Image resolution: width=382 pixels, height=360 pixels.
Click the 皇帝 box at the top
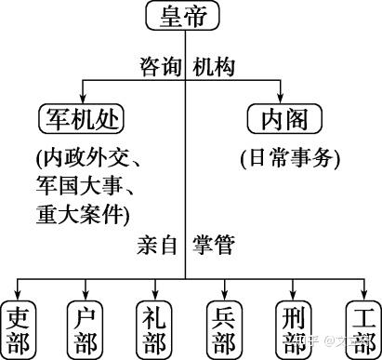tap(183, 16)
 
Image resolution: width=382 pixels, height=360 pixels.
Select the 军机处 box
tap(82, 119)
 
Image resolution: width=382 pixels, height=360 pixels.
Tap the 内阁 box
tap(284, 119)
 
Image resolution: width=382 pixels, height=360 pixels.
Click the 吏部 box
tap(19, 330)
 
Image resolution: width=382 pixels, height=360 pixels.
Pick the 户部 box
tap(86, 330)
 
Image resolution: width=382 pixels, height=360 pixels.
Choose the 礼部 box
tap(154, 330)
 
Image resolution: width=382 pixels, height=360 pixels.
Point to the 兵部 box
tap(224, 330)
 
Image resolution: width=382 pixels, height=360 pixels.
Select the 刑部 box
tap(294, 330)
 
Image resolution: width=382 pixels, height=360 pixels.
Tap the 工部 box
tap(363, 330)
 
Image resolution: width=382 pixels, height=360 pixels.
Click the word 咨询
tap(160, 67)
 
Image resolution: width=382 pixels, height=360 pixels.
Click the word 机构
tap(214, 67)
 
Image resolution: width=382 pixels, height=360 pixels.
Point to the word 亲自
tap(157, 245)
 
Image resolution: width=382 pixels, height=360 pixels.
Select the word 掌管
tap(214, 245)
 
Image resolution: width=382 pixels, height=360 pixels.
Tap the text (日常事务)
tap(290, 158)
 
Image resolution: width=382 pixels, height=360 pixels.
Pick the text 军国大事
tap(78, 186)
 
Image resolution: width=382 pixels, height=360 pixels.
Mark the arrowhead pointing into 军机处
tap(83, 98)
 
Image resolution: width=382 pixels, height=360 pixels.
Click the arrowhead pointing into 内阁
tap(281, 98)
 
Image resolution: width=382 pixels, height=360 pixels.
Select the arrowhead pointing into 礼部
tap(155, 295)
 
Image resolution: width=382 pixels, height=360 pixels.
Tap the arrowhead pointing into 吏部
tap(18, 295)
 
